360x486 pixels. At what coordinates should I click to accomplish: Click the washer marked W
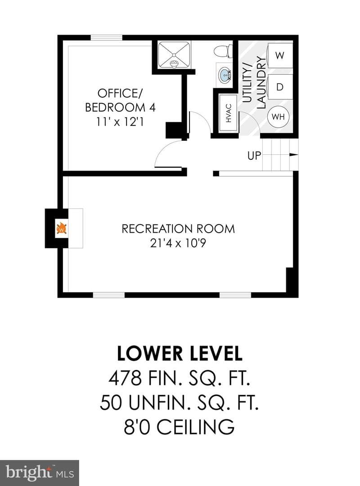[x=280, y=55]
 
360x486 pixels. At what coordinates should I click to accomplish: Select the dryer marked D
[x=280, y=87]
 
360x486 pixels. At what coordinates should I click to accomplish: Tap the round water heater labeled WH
[x=278, y=117]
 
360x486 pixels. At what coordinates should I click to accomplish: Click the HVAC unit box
[x=229, y=113]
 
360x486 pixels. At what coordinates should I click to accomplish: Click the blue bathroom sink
[x=225, y=75]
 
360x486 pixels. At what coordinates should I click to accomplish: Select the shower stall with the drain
[x=174, y=55]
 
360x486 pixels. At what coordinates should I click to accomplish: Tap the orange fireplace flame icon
[x=62, y=229]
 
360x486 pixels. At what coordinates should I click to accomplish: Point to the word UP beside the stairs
[x=254, y=155]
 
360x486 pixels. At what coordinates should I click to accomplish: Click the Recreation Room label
[x=178, y=229]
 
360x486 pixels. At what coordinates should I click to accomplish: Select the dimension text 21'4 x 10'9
[x=178, y=243]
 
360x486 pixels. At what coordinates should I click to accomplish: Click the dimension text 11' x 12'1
[x=120, y=122]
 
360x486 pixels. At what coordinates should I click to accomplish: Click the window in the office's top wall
[x=106, y=37]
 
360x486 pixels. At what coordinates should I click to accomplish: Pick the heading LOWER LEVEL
[x=180, y=354]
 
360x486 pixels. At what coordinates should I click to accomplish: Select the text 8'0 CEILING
[x=179, y=427]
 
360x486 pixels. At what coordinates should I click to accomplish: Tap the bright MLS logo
[x=40, y=473]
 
